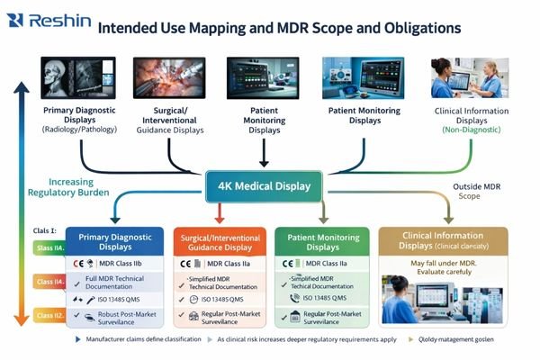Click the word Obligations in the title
(x=414, y=28)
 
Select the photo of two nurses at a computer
(x=468, y=79)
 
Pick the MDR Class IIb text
(x=122, y=263)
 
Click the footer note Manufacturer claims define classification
(x=143, y=340)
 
